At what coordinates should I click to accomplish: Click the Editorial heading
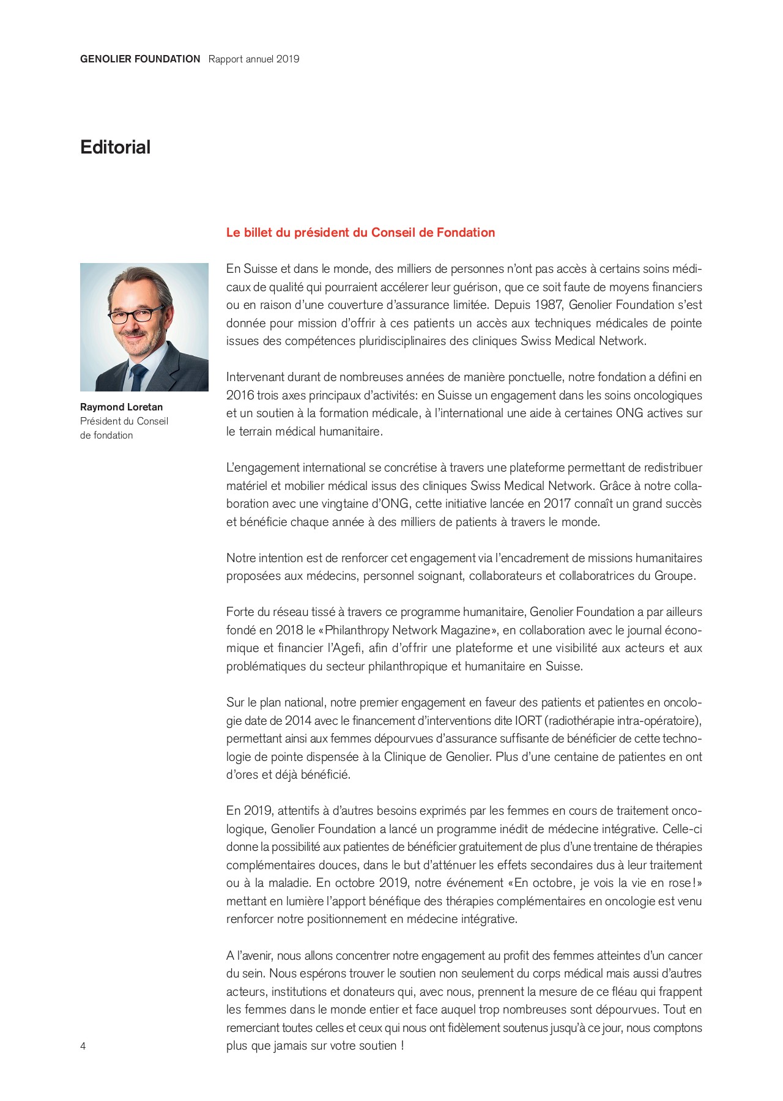[115, 147]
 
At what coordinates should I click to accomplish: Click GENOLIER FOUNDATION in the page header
[140, 59]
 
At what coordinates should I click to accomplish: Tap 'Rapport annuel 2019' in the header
[254, 59]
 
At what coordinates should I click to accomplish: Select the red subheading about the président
[360, 232]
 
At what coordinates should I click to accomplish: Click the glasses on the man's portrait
[136, 316]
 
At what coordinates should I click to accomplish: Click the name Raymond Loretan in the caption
[121, 407]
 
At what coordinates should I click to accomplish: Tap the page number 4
[83, 1046]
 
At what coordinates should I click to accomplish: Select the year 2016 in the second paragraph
[240, 396]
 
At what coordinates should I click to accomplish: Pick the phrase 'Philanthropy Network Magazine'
[407, 631]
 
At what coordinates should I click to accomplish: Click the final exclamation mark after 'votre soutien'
[402, 1046]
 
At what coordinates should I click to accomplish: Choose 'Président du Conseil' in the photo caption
[124, 421]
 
